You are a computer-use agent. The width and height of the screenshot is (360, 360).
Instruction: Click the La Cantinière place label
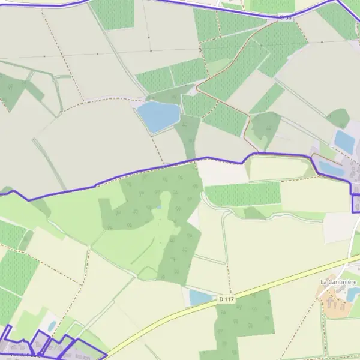pyautogui.click(x=339, y=281)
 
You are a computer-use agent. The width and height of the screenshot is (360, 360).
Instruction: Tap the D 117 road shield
pyautogui.click(x=226, y=298)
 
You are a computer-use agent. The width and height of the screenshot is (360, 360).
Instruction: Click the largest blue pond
pyautogui.click(x=158, y=116)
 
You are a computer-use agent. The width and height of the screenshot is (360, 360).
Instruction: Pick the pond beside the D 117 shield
pyautogui.click(x=200, y=297)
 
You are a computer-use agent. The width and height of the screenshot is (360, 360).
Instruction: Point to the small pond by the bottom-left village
pyautogui.click(x=52, y=325)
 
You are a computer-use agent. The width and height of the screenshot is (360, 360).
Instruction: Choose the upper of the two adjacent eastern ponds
pyautogui.click(x=344, y=142)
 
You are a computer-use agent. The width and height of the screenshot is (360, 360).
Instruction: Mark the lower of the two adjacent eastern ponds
pyautogui.click(x=331, y=168)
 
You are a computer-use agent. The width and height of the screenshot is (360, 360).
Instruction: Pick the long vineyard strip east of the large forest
pyautogui.click(x=243, y=194)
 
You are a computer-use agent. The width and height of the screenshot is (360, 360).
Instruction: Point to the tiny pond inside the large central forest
pyautogui.click(x=160, y=207)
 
